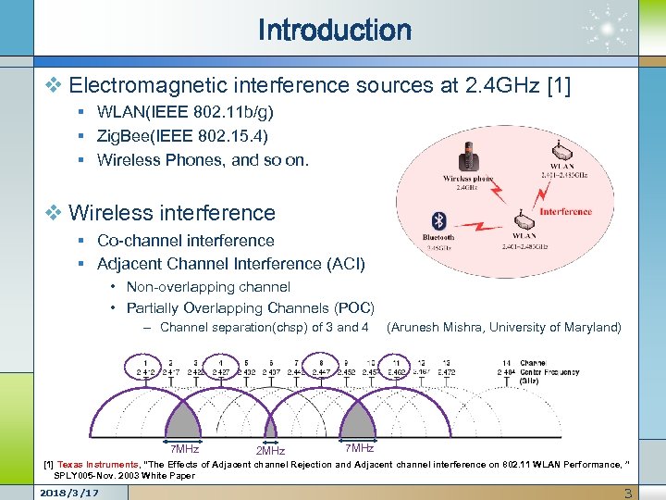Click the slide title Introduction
click(334, 31)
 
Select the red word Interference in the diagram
click(565, 211)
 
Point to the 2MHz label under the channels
click(270, 451)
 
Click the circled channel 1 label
click(146, 368)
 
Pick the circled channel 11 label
click(396, 368)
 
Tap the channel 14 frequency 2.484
click(506, 372)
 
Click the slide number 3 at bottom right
click(628, 493)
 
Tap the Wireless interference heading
click(172, 213)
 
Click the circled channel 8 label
click(321, 368)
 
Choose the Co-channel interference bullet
click(186, 241)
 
